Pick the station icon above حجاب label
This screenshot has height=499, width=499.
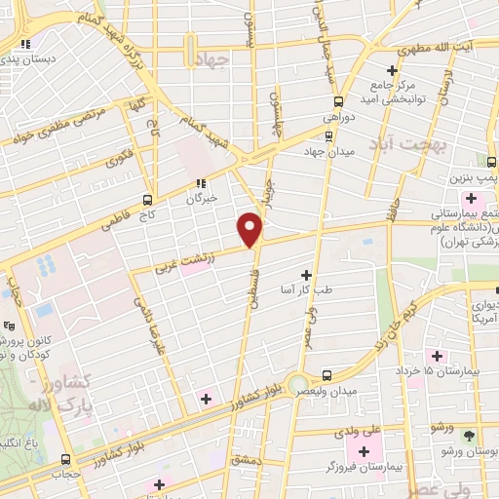pyautogui.click(x=65, y=459)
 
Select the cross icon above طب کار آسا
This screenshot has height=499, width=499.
pyautogui.click(x=308, y=276)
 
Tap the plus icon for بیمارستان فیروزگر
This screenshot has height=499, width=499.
pyautogui.click(x=365, y=450)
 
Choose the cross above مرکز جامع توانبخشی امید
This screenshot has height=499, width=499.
pyautogui.click(x=392, y=69)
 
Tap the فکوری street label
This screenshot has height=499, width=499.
pyautogui.click(x=119, y=155)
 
